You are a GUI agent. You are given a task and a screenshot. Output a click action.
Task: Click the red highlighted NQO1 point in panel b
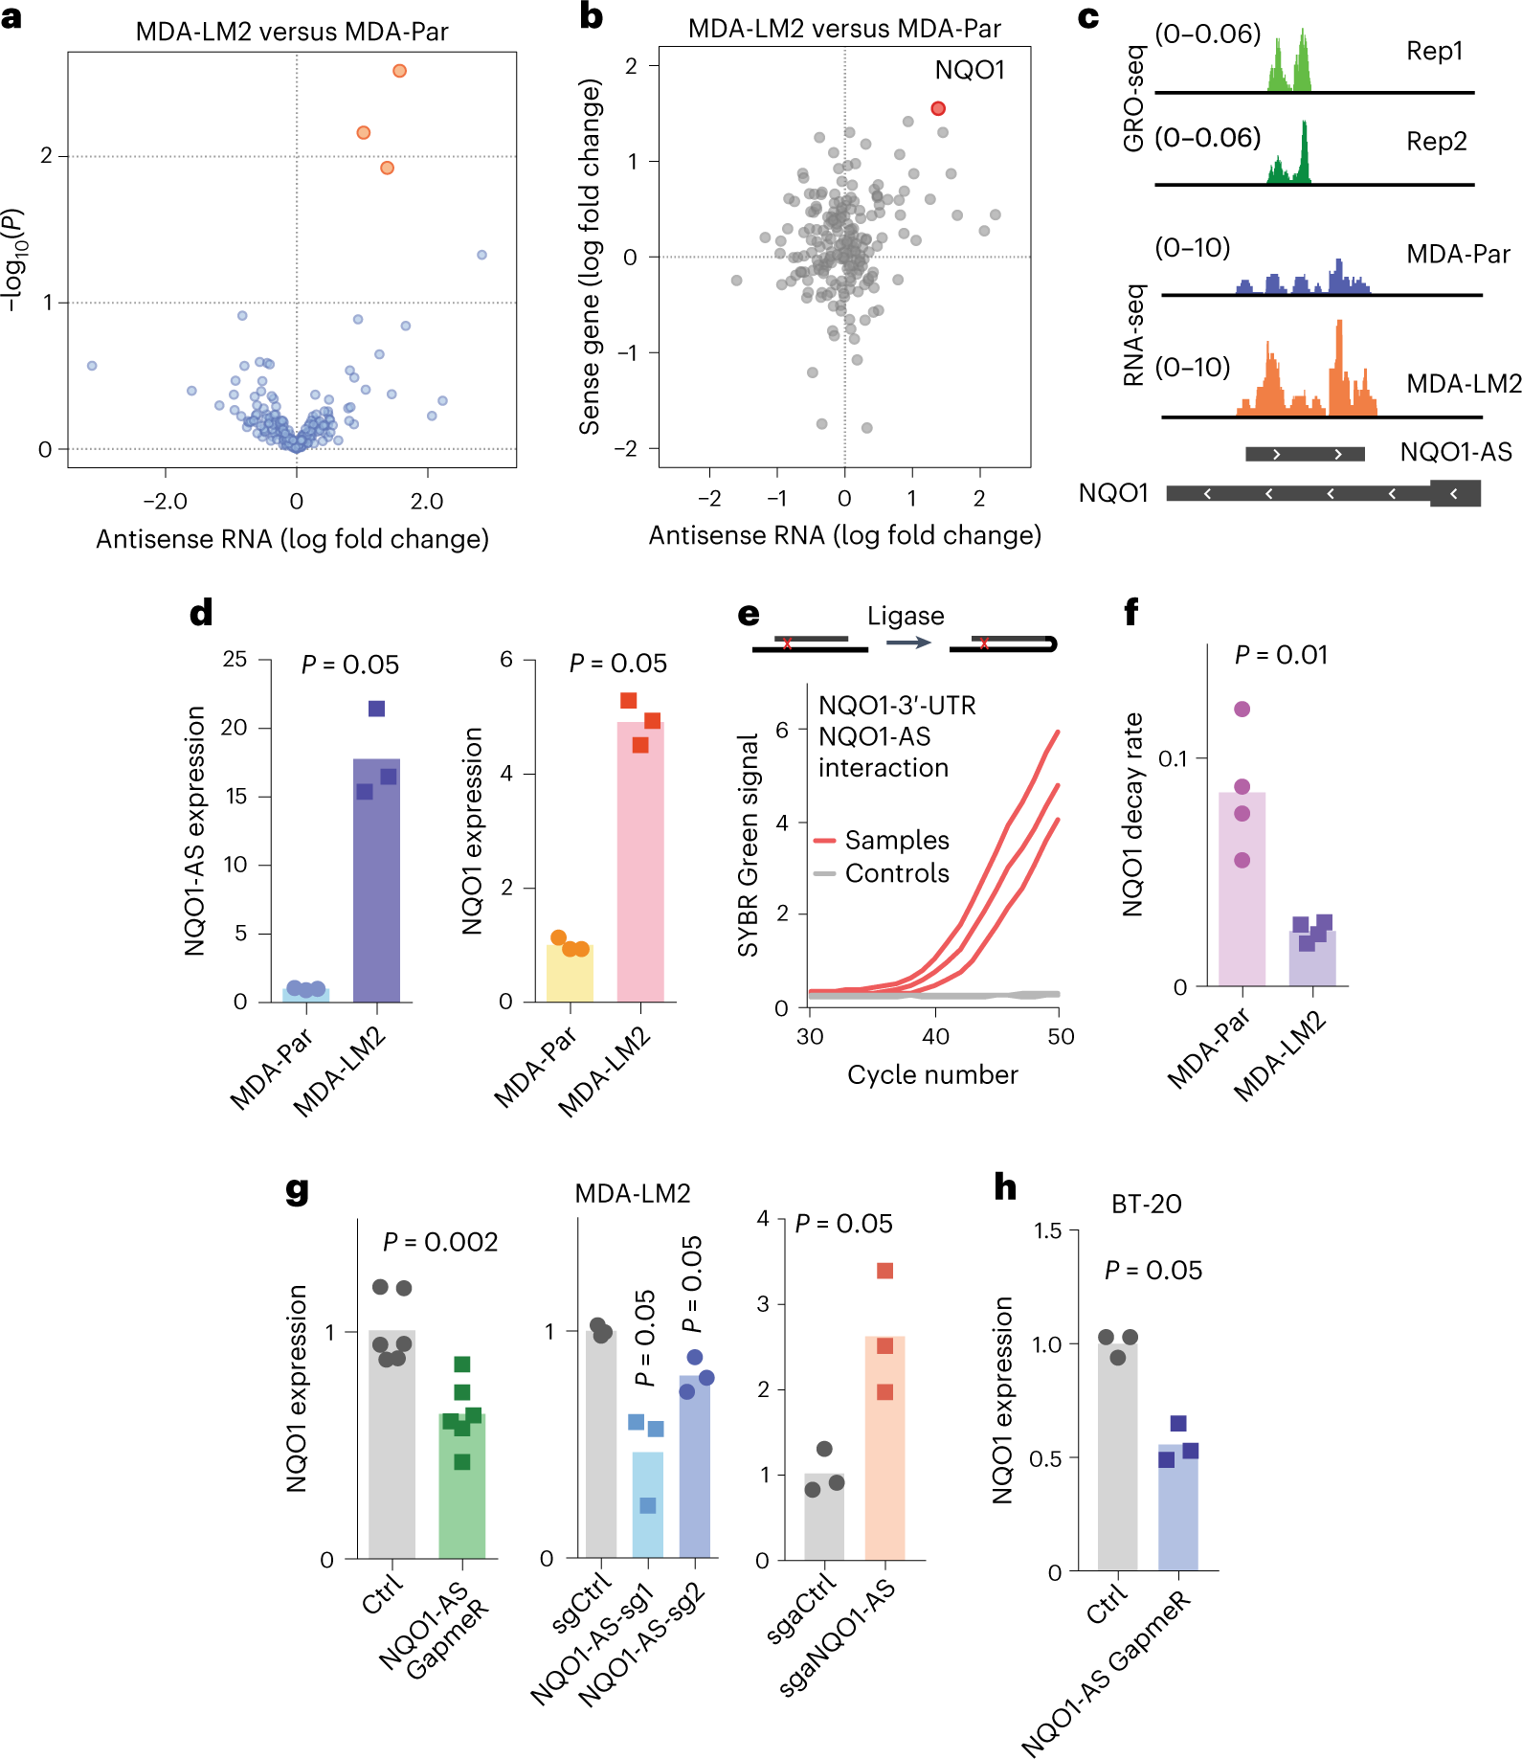click(x=938, y=109)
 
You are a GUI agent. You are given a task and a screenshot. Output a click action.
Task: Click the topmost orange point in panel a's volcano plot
click(x=399, y=71)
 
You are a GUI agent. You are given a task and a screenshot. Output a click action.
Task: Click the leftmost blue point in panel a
click(x=92, y=366)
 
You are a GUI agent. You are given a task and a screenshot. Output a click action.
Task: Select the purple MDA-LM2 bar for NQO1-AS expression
click(x=376, y=881)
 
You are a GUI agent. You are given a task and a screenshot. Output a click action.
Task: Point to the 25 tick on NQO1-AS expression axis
click(x=235, y=660)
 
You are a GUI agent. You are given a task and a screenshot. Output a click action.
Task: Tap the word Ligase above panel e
click(x=905, y=616)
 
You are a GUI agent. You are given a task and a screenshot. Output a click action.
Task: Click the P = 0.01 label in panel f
click(x=1281, y=656)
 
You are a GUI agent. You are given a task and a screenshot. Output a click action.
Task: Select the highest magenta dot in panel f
click(x=1242, y=710)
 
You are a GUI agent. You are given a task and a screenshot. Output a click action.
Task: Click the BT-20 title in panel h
click(x=1146, y=1205)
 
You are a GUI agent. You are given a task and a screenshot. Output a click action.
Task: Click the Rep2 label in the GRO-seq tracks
click(x=1436, y=142)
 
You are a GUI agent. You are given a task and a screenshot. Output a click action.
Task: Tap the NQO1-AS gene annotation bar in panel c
click(x=1304, y=454)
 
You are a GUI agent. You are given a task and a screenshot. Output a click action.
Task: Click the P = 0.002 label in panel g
click(x=440, y=1243)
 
